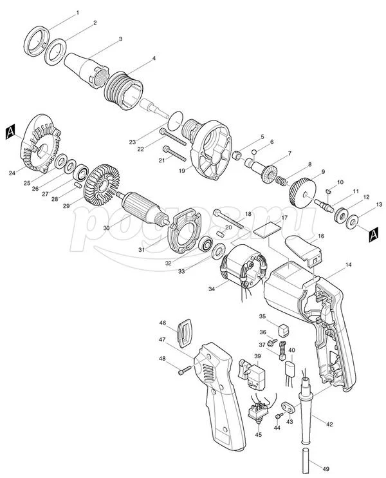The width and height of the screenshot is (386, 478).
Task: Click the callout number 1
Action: (77, 13)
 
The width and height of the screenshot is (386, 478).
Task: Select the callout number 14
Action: (348, 265)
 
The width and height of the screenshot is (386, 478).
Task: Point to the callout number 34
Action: (212, 289)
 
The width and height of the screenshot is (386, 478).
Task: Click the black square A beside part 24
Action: (10, 132)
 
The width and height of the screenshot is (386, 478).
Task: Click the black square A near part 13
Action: (374, 234)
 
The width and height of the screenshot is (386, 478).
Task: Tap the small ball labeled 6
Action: (254, 152)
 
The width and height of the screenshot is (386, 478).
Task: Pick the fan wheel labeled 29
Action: (101, 183)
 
